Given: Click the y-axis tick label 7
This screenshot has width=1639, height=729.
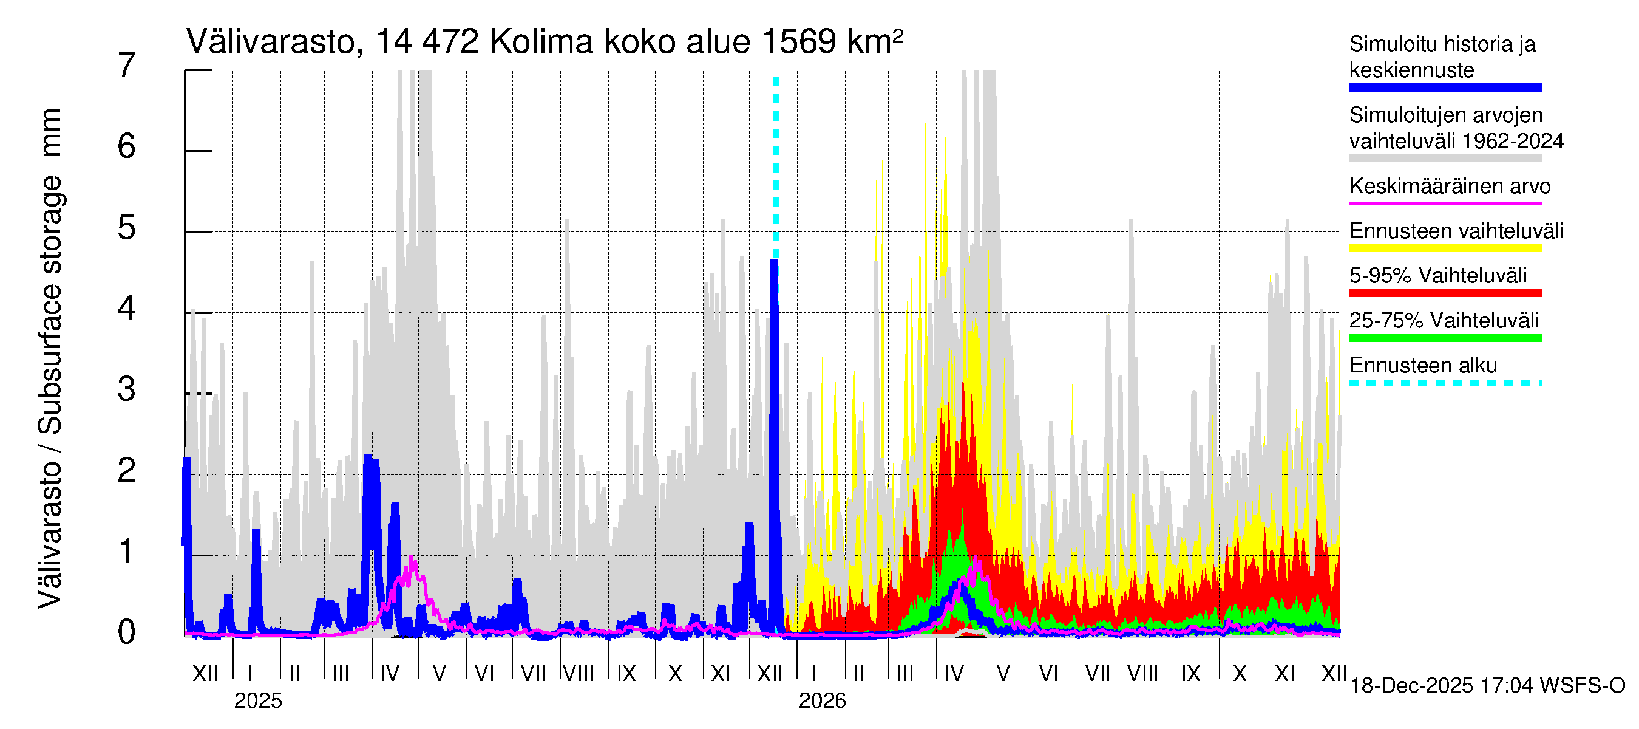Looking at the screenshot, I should tap(127, 66).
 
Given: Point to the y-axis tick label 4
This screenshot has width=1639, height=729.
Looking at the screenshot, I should tap(127, 309).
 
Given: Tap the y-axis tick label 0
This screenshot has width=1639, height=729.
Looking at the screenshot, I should tap(127, 633).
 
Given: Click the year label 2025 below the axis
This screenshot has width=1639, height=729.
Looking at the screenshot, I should tap(257, 701).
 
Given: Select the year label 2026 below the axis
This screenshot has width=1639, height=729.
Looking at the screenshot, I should tap(822, 701).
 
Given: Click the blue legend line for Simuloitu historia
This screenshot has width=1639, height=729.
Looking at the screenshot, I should tap(1445, 88).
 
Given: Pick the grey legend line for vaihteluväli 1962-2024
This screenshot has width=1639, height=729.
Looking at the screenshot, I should tap(1445, 159).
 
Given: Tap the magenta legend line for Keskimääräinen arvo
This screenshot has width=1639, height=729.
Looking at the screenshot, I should tap(1445, 203).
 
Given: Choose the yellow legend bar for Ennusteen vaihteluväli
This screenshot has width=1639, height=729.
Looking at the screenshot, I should tap(1445, 248).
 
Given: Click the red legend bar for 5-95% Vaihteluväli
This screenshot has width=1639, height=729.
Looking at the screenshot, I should tap(1445, 293).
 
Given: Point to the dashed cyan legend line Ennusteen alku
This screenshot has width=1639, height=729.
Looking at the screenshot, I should tap(1445, 383).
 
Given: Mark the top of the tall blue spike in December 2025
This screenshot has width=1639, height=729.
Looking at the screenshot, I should tap(775, 261).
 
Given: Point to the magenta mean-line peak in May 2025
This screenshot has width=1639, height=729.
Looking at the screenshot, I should tap(412, 558).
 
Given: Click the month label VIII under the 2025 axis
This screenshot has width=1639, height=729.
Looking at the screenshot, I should tap(579, 674).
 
